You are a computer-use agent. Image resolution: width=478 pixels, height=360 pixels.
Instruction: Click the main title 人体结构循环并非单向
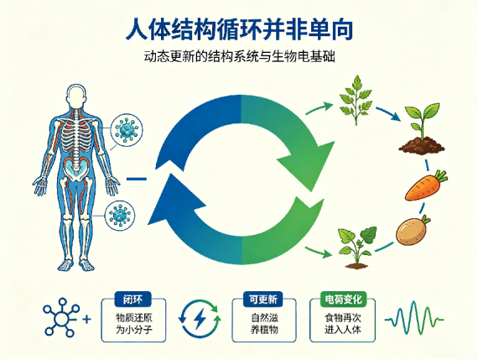coord(239,29)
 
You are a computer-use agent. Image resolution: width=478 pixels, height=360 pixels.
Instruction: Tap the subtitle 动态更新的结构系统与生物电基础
coord(239,56)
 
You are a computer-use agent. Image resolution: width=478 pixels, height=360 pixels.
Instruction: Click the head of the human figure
coord(76,96)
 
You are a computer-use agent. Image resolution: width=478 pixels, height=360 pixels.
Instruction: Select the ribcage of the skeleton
coord(76,136)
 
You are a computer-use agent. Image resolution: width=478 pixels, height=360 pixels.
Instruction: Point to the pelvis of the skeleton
coord(75,169)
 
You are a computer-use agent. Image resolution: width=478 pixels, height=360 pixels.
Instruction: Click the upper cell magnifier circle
coord(127,131)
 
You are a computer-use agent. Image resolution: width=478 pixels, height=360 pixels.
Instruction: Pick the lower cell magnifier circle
coord(120,216)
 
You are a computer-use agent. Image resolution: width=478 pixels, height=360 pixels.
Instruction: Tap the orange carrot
coord(426,185)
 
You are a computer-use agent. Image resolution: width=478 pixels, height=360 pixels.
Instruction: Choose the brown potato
coord(413,230)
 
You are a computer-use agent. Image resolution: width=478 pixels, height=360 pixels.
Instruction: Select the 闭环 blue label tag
coord(132,300)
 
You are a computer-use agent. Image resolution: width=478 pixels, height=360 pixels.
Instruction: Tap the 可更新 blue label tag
coord(263,300)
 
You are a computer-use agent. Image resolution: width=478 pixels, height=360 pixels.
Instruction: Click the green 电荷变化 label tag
coord(343,300)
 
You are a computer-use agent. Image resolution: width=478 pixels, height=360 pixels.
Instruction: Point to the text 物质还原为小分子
coord(133,324)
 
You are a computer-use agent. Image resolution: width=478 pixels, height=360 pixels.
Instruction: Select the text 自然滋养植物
coord(264,324)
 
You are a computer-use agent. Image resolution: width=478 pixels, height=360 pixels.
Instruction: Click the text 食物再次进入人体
coord(343,324)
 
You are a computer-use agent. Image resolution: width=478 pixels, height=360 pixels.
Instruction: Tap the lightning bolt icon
coord(200,319)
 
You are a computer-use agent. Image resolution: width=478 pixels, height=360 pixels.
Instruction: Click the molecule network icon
coord(61,317)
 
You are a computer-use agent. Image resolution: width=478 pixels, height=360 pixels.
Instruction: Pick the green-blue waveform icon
coord(414,320)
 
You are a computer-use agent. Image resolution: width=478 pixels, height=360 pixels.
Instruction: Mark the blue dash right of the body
coord(137,179)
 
